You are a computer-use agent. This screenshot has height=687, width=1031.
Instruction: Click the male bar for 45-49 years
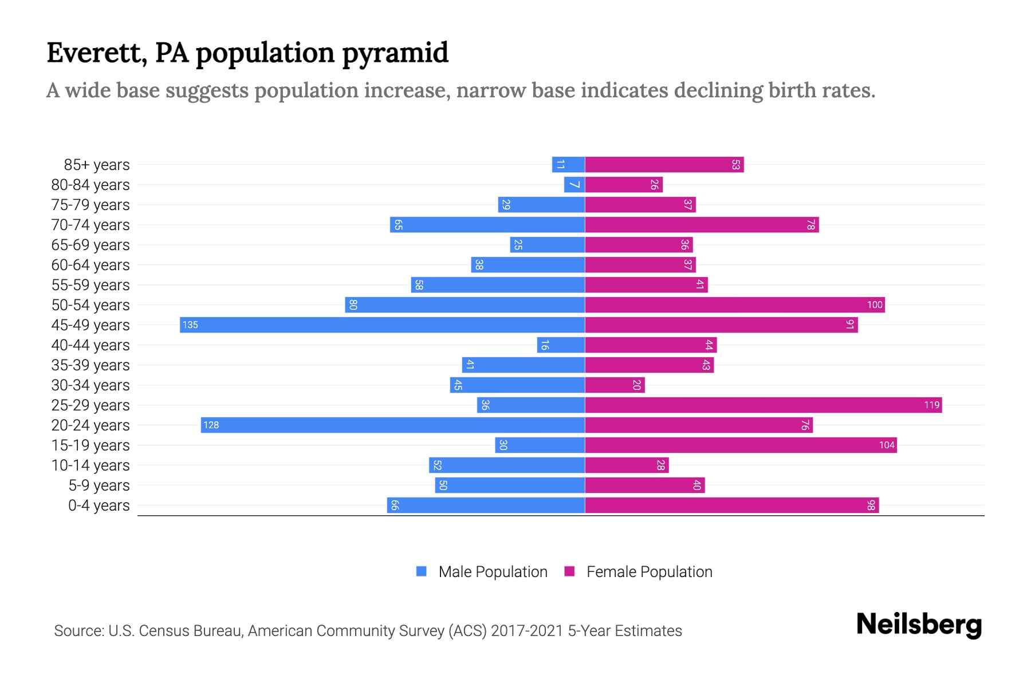382,325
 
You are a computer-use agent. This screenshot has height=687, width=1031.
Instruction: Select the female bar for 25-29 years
763,405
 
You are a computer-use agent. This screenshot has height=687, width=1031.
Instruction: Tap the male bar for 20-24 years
392,425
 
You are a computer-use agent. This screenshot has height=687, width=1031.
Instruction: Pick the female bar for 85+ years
664,165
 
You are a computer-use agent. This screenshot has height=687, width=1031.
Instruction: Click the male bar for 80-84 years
574,185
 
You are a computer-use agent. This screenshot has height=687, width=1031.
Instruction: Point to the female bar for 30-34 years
615,385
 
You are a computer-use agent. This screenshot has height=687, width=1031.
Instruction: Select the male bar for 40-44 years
561,345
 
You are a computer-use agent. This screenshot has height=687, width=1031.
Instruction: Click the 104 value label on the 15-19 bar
887,445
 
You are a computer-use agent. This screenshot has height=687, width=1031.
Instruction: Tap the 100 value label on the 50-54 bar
875,305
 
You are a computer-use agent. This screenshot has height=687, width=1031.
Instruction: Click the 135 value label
190,325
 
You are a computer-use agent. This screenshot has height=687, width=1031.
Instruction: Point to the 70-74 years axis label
90,225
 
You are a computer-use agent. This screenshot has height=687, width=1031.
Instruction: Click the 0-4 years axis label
99,506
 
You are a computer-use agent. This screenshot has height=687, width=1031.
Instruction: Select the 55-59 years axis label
90,285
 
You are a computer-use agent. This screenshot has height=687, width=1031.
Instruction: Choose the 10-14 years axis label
90,465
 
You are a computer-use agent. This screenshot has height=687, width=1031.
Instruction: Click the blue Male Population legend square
422,571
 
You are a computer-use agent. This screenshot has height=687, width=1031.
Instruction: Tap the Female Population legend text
649,571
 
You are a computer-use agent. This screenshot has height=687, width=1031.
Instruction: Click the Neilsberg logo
919,625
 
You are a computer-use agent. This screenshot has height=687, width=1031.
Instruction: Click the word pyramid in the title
395,53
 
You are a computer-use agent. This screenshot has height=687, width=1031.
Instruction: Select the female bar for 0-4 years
731,505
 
